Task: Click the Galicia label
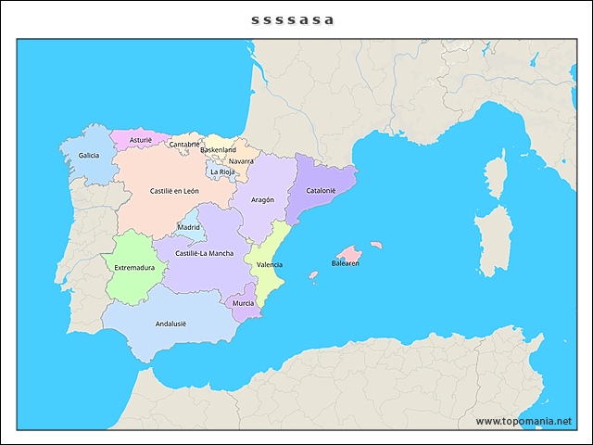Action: click(89, 156)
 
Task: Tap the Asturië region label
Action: click(141, 140)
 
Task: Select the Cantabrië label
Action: click(184, 144)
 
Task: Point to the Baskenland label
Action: click(219, 149)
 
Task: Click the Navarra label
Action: click(241, 160)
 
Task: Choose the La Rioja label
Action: click(222, 172)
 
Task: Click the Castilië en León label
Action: click(174, 191)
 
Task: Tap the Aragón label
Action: click(262, 199)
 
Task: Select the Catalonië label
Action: click(321, 191)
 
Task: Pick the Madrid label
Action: click(189, 227)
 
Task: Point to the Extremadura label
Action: click(134, 268)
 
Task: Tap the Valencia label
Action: click(270, 264)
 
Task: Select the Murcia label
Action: click(244, 303)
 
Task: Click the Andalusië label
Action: click(170, 324)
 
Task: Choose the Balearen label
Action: click(346, 263)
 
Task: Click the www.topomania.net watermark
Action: click(524, 421)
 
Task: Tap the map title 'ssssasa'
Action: click(293, 19)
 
